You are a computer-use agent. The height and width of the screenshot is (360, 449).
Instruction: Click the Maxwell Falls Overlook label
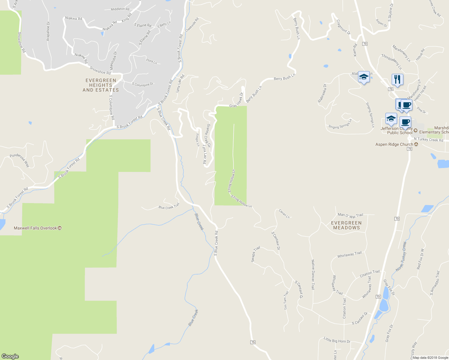[35, 228]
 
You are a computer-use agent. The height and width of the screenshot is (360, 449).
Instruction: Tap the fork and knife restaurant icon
[397, 79]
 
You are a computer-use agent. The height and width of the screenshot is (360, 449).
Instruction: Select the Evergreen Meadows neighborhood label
[346, 225]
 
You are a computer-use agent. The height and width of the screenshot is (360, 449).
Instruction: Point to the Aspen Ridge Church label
[394, 145]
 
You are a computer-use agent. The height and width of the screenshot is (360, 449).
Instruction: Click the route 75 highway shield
[253, 342]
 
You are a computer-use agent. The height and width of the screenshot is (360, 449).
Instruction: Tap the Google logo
[10, 356]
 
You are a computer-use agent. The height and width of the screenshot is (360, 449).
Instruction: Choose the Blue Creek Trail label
[169, 206]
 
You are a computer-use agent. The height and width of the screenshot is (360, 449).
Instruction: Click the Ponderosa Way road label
[20, 160]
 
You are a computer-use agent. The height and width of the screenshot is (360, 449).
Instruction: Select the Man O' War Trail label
[350, 215]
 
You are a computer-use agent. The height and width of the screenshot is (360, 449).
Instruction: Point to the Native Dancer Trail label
[313, 274]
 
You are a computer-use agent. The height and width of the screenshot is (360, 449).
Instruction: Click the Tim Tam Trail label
[286, 300]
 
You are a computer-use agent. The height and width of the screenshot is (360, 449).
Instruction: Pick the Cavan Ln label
[284, 214]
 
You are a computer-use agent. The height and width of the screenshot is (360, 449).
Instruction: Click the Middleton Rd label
[120, 9]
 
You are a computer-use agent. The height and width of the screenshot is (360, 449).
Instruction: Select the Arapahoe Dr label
[48, 31]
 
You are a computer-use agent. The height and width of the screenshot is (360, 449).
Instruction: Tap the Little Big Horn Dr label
[337, 340]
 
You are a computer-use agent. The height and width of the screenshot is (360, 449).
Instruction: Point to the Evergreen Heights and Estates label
[101, 85]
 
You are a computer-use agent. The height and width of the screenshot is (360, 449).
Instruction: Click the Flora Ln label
[152, 61]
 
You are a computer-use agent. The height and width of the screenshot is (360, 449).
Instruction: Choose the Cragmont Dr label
[343, 27]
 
